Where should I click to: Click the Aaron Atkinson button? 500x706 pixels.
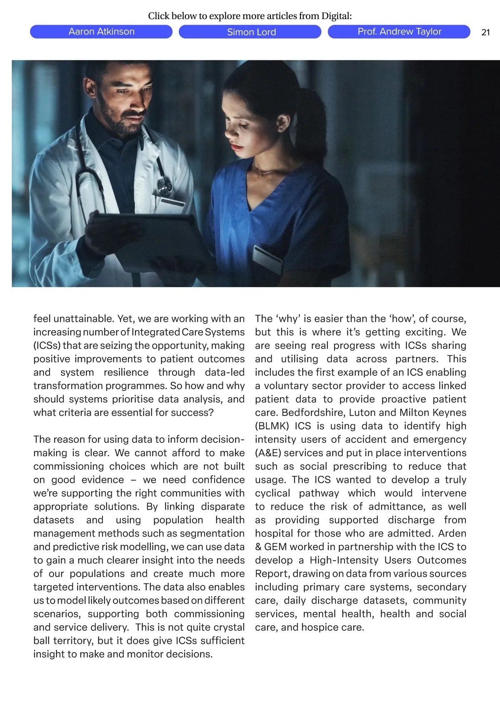tap(101, 32)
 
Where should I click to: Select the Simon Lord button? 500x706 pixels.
tap(251, 32)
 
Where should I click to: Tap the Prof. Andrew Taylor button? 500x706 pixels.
tap(399, 32)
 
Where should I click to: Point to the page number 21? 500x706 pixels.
tap(485, 32)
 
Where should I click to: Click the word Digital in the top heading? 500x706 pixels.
tap(336, 16)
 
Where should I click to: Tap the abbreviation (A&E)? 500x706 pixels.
tap(268, 453)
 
